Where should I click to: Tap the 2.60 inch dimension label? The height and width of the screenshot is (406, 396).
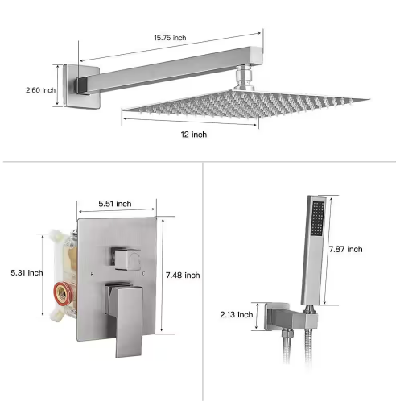coord(40,90)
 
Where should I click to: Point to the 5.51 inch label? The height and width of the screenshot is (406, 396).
coord(113,205)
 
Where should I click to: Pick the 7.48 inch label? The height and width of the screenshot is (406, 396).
coord(183,275)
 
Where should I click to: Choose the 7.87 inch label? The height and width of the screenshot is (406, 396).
coord(347,250)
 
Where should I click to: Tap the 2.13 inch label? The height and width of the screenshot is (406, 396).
coord(238,314)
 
